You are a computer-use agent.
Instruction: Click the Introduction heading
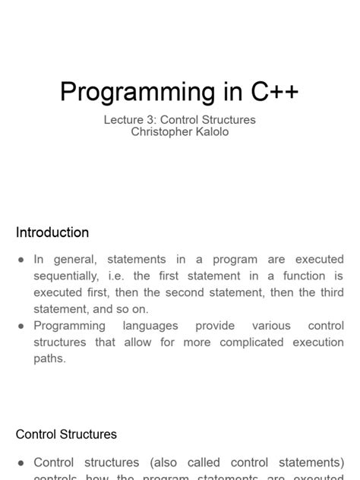click(x=52, y=232)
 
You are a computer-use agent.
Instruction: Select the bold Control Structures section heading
click(x=66, y=435)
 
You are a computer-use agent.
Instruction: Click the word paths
click(x=49, y=358)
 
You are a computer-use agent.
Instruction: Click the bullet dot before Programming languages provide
click(x=22, y=326)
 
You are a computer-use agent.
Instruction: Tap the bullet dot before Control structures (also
click(x=22, y=463)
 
